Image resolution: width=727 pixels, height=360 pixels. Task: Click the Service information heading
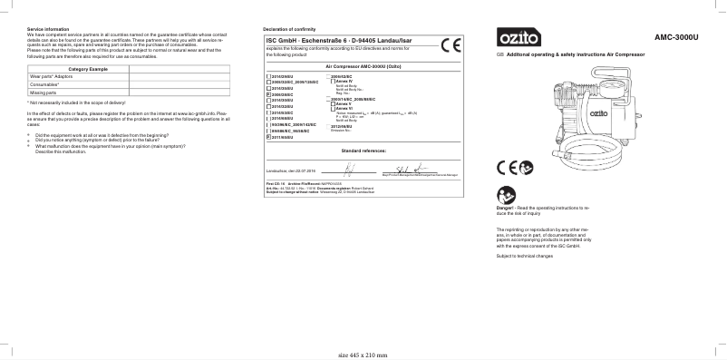click(x=47, y=29)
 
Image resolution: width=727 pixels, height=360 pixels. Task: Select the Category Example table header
click(x=89, y=70)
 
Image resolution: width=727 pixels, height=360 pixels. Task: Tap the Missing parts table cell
click(x=44, y=92)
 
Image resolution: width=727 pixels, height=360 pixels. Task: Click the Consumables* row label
click(x=46, y=85)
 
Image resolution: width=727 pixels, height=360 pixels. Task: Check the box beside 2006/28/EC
click(x=267, y=93)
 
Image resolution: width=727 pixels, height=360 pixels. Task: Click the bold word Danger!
click(x=506, y=208)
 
